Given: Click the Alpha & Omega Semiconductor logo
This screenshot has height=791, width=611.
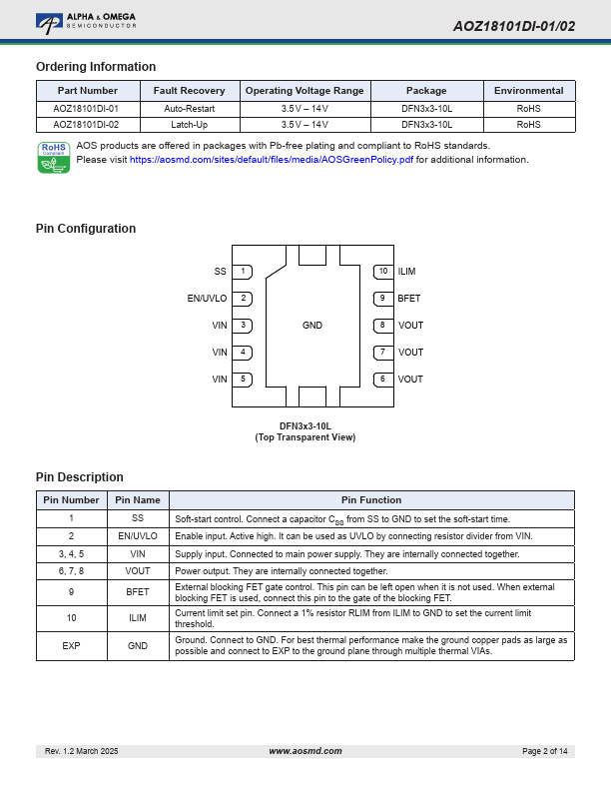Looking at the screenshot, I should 85,20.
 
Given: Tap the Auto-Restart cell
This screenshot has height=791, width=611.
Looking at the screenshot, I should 189,108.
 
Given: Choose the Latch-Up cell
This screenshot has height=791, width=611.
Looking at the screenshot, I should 189,125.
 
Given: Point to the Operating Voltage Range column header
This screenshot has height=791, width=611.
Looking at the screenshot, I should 305,91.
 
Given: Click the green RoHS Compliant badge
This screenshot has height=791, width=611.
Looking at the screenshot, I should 53,157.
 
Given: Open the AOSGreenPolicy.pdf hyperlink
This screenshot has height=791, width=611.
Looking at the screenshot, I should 272,160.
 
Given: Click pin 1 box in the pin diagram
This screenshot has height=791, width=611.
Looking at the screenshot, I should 245,272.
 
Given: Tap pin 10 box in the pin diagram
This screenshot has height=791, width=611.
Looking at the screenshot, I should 382,272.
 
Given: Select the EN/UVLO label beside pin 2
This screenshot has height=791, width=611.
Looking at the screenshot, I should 207,299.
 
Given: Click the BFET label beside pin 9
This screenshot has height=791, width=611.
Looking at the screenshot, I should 409,299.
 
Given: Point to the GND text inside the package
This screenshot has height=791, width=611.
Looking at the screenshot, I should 312,326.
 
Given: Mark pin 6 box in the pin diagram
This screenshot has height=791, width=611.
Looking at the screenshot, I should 382,380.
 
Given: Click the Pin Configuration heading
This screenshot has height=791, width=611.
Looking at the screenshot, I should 86,229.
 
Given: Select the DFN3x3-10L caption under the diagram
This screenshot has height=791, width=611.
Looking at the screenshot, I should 305,425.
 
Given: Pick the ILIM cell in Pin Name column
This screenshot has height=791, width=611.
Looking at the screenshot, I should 138,619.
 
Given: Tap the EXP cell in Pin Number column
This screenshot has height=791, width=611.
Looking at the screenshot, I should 71,646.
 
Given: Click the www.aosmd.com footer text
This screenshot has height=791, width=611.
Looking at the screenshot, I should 305,751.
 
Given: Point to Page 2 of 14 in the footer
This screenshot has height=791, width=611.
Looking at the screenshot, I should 545,751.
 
